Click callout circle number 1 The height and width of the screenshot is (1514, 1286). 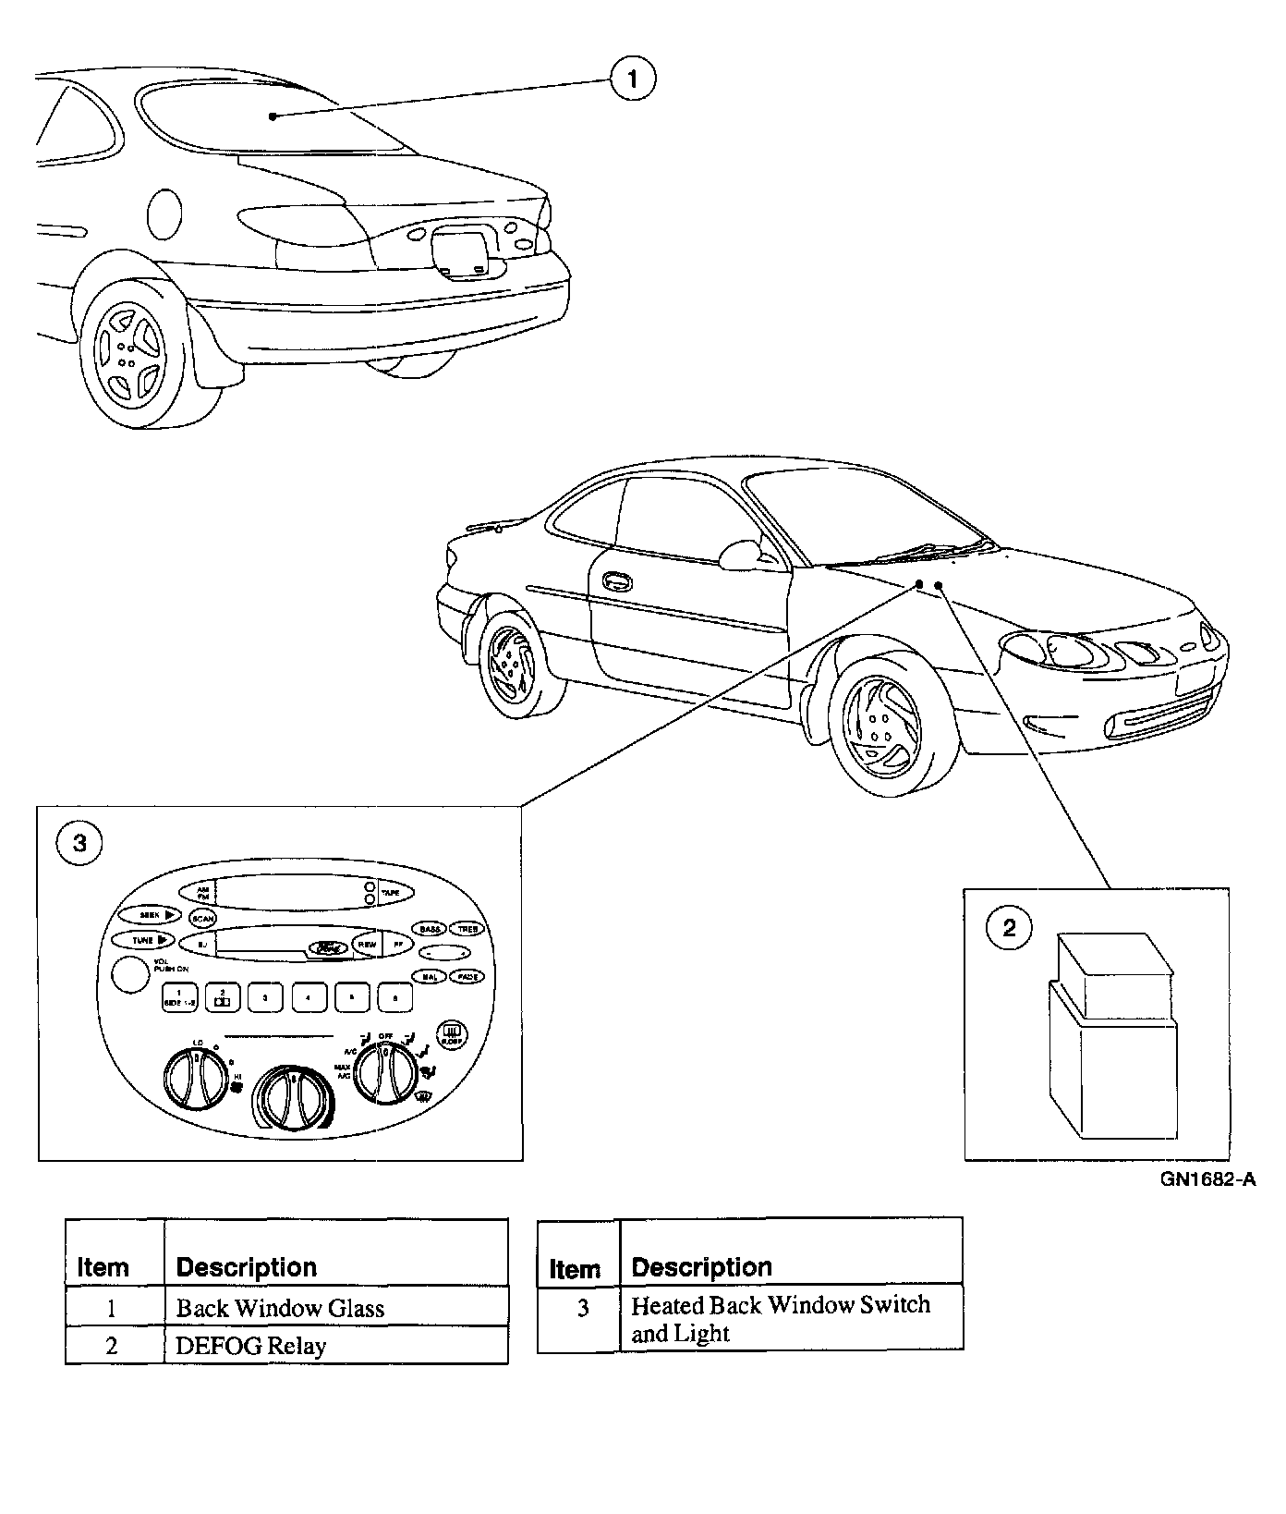tap(633, 79)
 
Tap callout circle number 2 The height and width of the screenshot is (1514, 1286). tap(1009, 926)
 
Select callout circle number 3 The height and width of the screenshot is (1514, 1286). tap(79, 843)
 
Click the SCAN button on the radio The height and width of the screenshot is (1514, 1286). tap(202, 918)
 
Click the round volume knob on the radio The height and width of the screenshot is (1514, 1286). tap(130, 975)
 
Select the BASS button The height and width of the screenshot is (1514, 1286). tap(430, 928)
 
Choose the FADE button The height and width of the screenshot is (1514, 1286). tap(469, 976)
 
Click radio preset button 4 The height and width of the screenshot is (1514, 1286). tap(309, 997)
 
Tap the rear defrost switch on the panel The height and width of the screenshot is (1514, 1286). tap(453, 1032)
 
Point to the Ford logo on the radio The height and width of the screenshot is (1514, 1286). tap(326, 947)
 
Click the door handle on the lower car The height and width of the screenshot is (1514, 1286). tap(613, 580)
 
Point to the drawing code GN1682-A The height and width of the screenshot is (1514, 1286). tap(1208, 1179)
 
